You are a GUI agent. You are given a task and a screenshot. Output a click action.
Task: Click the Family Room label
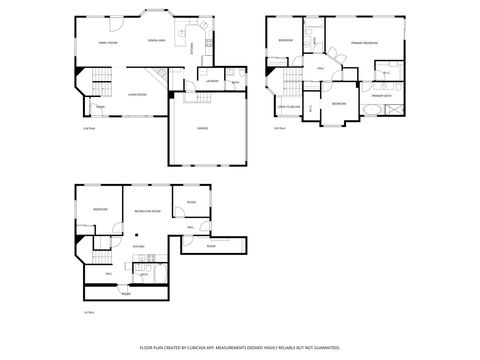click(x=108, y=44)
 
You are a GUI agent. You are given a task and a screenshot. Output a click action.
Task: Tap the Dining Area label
click(x=156, y=41)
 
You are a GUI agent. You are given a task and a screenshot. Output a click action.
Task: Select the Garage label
click(x=202, y=128)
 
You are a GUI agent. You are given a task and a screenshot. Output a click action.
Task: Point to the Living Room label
click(x=137, y=95)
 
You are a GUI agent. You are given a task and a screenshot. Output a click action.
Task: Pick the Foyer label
click(x=100, y=106)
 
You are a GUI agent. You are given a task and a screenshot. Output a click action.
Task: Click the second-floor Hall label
click(x=320, y=68)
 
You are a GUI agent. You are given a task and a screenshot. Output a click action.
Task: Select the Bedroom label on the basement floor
click(x=100, y=209)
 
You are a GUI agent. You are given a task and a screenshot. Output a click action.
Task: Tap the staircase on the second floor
click(x=291, y=82)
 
